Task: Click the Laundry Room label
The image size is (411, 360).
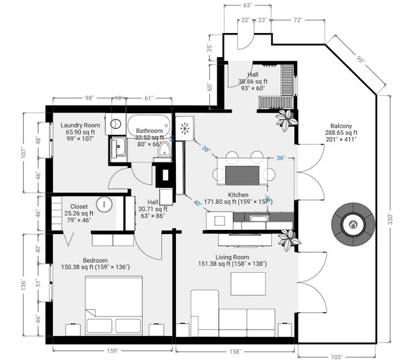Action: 80,124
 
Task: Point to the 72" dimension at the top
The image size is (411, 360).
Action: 298,21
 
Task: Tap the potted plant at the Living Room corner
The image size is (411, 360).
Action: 287,240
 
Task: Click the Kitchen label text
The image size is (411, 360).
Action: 238,194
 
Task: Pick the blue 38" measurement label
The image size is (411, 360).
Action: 205,149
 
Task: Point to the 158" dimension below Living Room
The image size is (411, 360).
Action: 234,350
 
